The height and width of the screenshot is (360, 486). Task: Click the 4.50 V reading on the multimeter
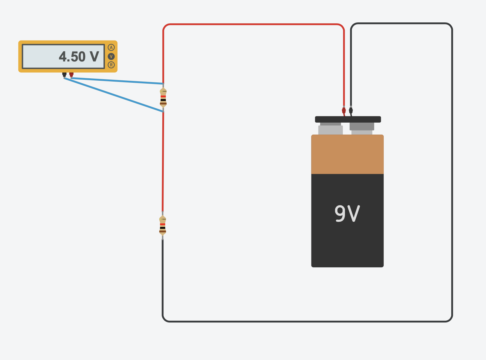point(79,57)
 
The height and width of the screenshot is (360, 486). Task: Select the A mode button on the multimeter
point(111,47)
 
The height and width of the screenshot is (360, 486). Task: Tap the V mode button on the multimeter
point(111,56)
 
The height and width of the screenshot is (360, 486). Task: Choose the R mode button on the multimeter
point(111,65)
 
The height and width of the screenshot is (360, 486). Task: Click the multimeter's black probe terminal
point(64,75)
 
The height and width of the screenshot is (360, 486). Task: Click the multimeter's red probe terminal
point(71,75)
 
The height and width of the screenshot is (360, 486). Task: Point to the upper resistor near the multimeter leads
point(163,98)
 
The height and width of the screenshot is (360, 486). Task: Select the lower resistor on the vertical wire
point(163,225)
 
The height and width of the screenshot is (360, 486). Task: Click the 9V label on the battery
point(347,213)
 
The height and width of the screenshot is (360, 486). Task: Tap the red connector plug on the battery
point(344,110)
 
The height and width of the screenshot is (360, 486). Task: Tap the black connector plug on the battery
point(351,110)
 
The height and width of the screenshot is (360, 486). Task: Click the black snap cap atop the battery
point(348,119)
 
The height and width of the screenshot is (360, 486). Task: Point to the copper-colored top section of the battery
point(347,154)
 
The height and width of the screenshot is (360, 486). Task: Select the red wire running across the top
point(253,24)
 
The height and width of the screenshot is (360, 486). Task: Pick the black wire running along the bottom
point(306,321)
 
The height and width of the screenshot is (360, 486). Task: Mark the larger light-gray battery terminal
point(330,130)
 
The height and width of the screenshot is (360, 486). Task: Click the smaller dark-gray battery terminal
point(362,127)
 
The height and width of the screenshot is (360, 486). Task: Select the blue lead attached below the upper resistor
point(114,95)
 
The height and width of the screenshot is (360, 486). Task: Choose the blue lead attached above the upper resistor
point(117,81)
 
